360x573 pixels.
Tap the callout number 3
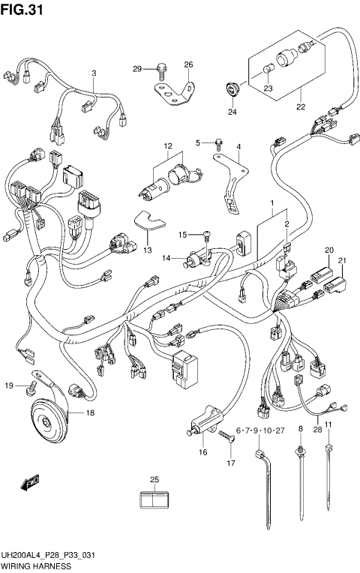(x=94, y=73)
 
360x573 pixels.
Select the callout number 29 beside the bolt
(x=137, y=69)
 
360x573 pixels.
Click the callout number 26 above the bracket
(x=188, y=64)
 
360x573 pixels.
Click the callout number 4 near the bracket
(x=238, y=147)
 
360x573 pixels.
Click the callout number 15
(x=181, y=235)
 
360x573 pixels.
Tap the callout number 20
(x=328, y=250)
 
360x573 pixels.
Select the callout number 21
(x=342, y=261)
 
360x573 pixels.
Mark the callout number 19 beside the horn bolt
(x=9, y=385)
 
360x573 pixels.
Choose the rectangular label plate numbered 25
(x=154, y=497)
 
